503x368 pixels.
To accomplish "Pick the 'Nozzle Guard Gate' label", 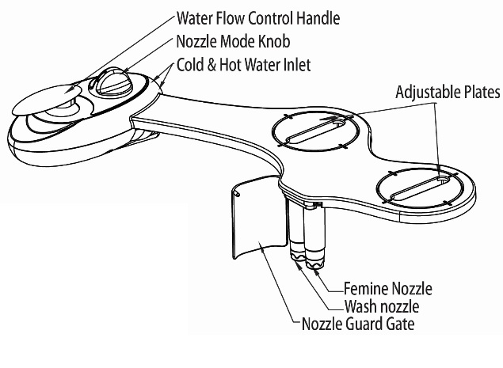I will coord(359,323).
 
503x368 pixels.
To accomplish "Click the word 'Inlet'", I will coord(295,63).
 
